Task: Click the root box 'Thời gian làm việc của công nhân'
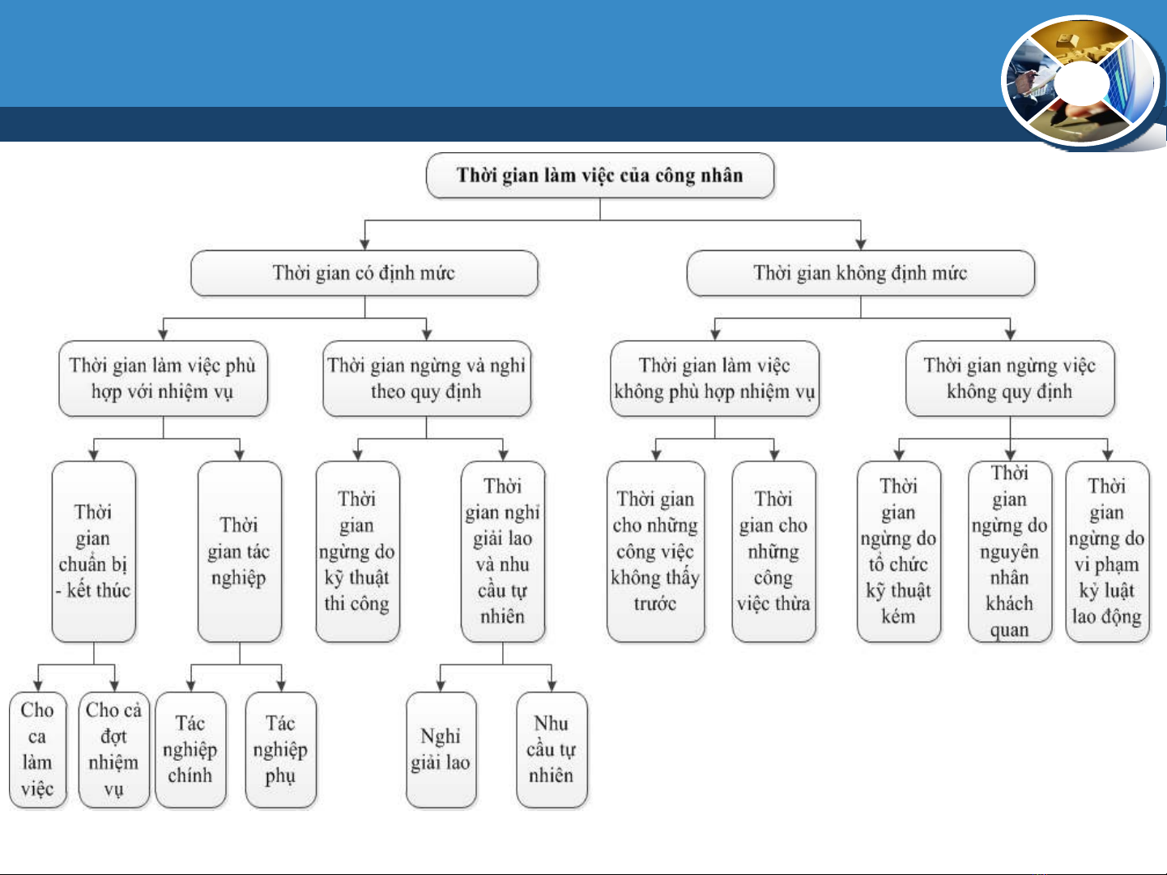600,176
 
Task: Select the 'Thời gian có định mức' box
364,273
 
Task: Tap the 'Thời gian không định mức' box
860,273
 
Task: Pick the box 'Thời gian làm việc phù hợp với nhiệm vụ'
164,378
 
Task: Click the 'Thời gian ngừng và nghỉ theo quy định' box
427,378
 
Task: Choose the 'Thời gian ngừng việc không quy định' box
1010,378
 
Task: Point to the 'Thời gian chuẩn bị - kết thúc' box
94,551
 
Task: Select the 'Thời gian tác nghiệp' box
239,551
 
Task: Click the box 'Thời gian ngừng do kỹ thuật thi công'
357,551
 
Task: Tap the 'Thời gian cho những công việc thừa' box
773,551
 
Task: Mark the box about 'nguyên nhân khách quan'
1010,551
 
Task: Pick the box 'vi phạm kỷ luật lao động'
1107,551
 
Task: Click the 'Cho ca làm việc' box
38,750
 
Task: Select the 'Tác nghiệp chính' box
190,750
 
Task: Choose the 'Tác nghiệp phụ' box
281,750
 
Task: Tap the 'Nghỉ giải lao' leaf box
441,750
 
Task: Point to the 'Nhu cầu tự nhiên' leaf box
552,750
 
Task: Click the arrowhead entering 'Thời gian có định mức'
364,244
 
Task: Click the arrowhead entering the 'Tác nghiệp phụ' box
281,686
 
